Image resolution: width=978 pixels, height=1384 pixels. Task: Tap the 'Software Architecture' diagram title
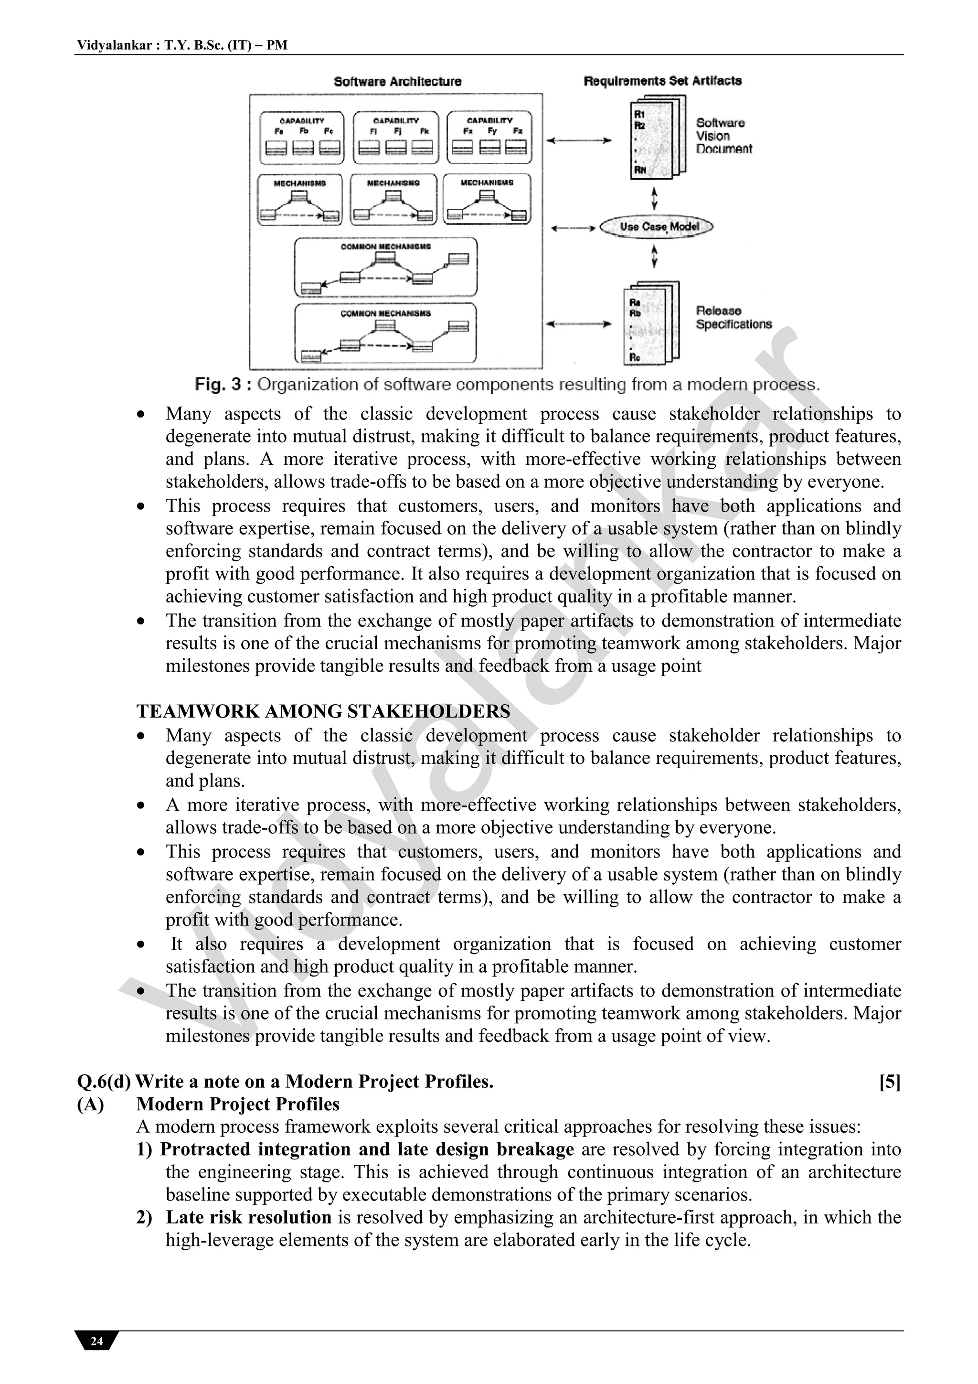point(398,81)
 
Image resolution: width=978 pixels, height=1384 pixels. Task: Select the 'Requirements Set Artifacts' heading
point(662,81)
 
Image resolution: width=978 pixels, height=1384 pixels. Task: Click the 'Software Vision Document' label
point(723,136)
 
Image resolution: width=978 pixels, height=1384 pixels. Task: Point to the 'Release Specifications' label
point(733,318)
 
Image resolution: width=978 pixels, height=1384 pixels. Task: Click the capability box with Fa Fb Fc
point(302,138)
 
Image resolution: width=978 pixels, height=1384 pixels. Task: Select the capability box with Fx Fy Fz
point(489,138)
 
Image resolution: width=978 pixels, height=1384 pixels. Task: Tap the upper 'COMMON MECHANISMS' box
point(386,267)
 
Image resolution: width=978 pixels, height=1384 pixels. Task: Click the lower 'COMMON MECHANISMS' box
point(386,333)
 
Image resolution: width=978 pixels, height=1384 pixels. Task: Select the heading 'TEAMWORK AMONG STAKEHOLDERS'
point(323,711)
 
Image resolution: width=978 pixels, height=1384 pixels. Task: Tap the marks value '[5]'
point(890,1082)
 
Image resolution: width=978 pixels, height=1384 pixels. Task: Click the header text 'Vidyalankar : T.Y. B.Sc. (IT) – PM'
point(182,45)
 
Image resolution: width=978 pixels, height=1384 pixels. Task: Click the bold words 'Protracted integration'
point(255,1149)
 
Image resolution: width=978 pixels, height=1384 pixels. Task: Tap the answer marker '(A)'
point(90,1105)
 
